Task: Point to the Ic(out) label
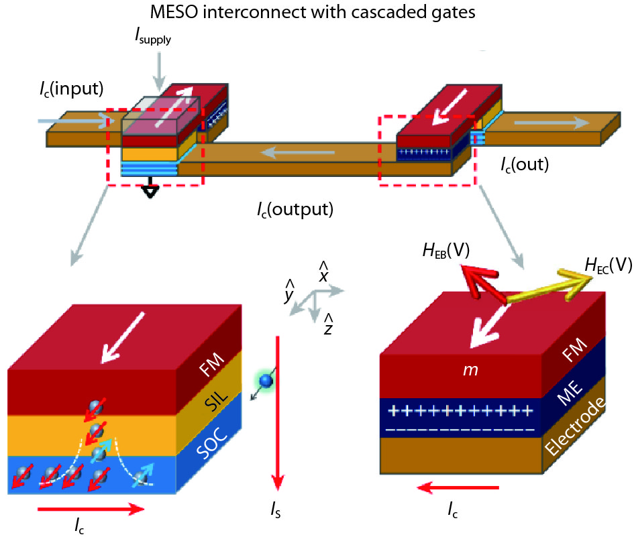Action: point(525,164)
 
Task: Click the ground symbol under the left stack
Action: point(152,191)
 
